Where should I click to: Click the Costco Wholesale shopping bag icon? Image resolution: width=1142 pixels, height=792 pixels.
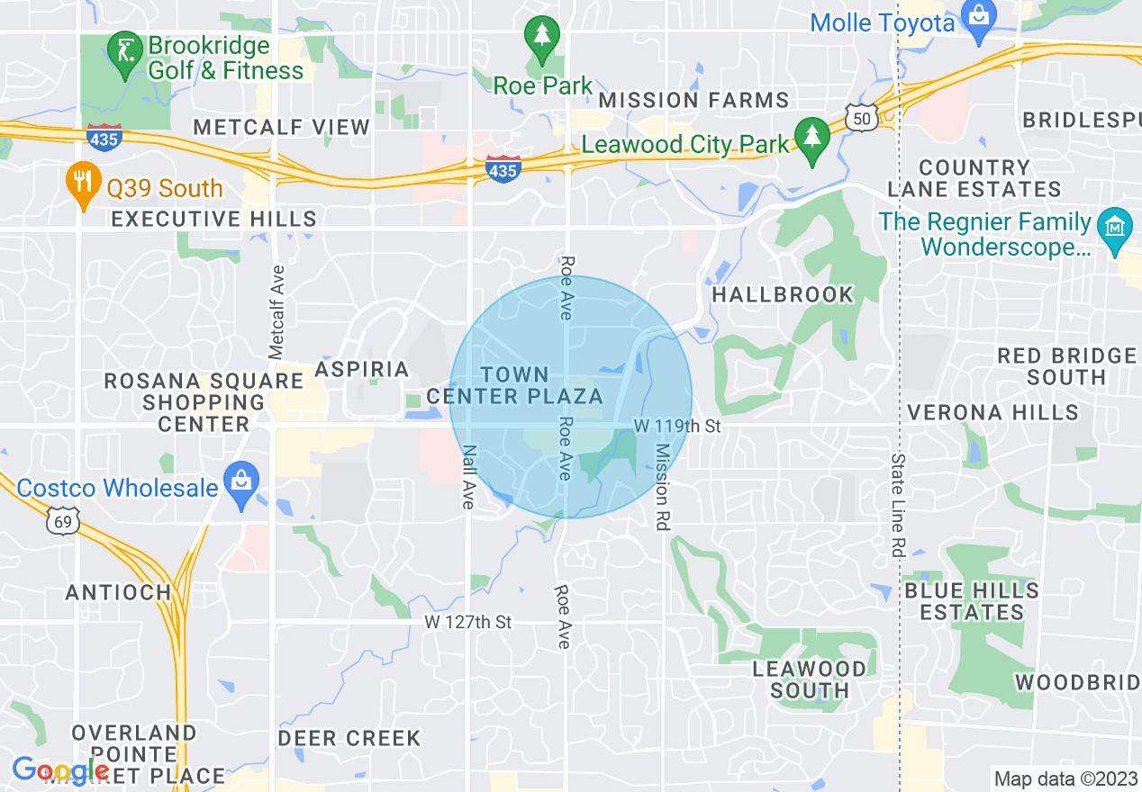(x=240, y=481)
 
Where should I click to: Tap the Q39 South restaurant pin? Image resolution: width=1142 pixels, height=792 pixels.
(x=82, y=183)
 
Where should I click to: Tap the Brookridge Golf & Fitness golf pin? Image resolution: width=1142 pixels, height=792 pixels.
(x=123, y=51)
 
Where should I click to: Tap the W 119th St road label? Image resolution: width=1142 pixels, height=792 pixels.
(x=677, y=426)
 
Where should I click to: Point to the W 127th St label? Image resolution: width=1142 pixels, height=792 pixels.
(x=467, y=622)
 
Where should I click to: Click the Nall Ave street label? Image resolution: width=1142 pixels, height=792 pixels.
(x=467, y=477)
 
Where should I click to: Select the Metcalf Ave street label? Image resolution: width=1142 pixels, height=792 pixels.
(x=276, y=309)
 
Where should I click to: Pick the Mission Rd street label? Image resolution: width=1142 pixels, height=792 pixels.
(x=662, y=487)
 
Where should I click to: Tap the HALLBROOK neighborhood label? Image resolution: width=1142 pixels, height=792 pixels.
(x=782, y=294)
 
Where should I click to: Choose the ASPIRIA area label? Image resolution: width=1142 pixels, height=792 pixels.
(x=361, y=369)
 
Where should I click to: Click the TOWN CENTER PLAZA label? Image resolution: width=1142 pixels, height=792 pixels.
(x=514, y=385)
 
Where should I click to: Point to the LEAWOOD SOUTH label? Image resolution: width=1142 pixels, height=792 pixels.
(x=809, y=679)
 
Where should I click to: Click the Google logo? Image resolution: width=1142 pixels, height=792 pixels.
(x=59, y=770)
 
